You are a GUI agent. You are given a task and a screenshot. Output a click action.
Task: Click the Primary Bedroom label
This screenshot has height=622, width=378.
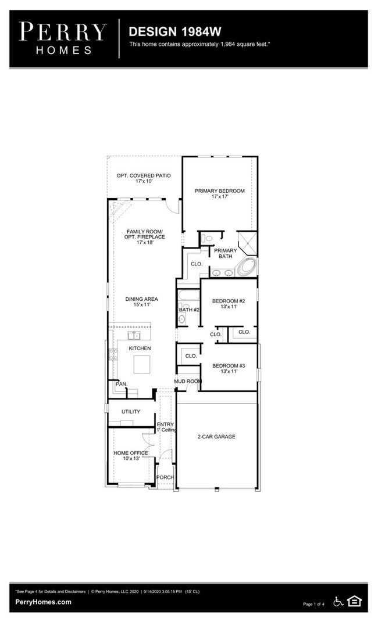point(219,190)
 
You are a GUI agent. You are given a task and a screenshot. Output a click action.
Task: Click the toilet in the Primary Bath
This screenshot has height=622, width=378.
point(206,238)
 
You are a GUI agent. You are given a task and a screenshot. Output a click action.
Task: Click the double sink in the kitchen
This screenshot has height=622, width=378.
point(134,336)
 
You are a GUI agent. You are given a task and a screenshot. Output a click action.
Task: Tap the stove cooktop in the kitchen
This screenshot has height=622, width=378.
point(112,355)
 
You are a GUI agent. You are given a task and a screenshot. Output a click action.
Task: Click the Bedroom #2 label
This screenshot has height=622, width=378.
point(228,301)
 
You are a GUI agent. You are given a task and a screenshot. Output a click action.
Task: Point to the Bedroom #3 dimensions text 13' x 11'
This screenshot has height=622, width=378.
point(228,372)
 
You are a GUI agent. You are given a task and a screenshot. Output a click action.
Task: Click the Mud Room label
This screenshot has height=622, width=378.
point(188,382)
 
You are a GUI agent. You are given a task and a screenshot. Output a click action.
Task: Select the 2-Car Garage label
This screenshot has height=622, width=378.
point(216,436)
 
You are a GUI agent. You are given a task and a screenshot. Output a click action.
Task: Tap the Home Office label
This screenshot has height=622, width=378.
point(130,452)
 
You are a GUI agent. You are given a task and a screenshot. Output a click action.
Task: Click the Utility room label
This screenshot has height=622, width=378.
point(130,411)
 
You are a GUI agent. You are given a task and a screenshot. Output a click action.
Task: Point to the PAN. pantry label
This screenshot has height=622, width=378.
point(121,384)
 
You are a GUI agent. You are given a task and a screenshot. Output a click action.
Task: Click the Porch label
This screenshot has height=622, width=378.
point(166,477)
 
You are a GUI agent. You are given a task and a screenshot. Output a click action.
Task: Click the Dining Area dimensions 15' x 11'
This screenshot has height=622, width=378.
point(141,306)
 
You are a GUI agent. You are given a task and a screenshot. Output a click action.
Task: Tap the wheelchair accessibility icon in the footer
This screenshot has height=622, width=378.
point(338,601)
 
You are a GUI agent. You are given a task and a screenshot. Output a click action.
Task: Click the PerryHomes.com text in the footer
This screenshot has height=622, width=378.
point(44,602)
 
